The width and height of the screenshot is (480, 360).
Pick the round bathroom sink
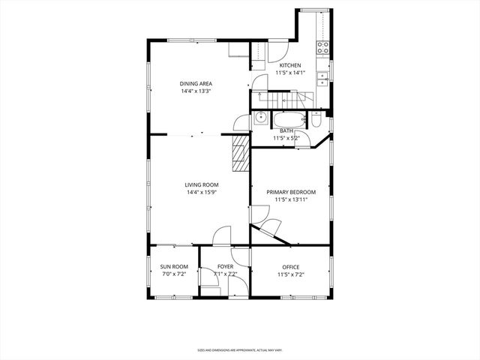point(259,118)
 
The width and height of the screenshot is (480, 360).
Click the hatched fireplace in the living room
point(240,155)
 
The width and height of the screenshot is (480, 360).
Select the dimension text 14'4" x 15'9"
point(202,192)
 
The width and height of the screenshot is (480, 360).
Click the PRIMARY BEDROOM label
point(291,192)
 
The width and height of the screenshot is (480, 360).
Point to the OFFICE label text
point(290,266)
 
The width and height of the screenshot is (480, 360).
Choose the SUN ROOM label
point(174,266)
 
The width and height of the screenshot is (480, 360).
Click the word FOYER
point(225,266)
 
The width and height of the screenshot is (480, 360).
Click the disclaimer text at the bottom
point(240,349)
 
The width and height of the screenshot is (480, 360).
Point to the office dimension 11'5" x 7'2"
point(290,274)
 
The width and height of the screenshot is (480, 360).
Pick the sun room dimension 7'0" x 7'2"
point(174,274)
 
